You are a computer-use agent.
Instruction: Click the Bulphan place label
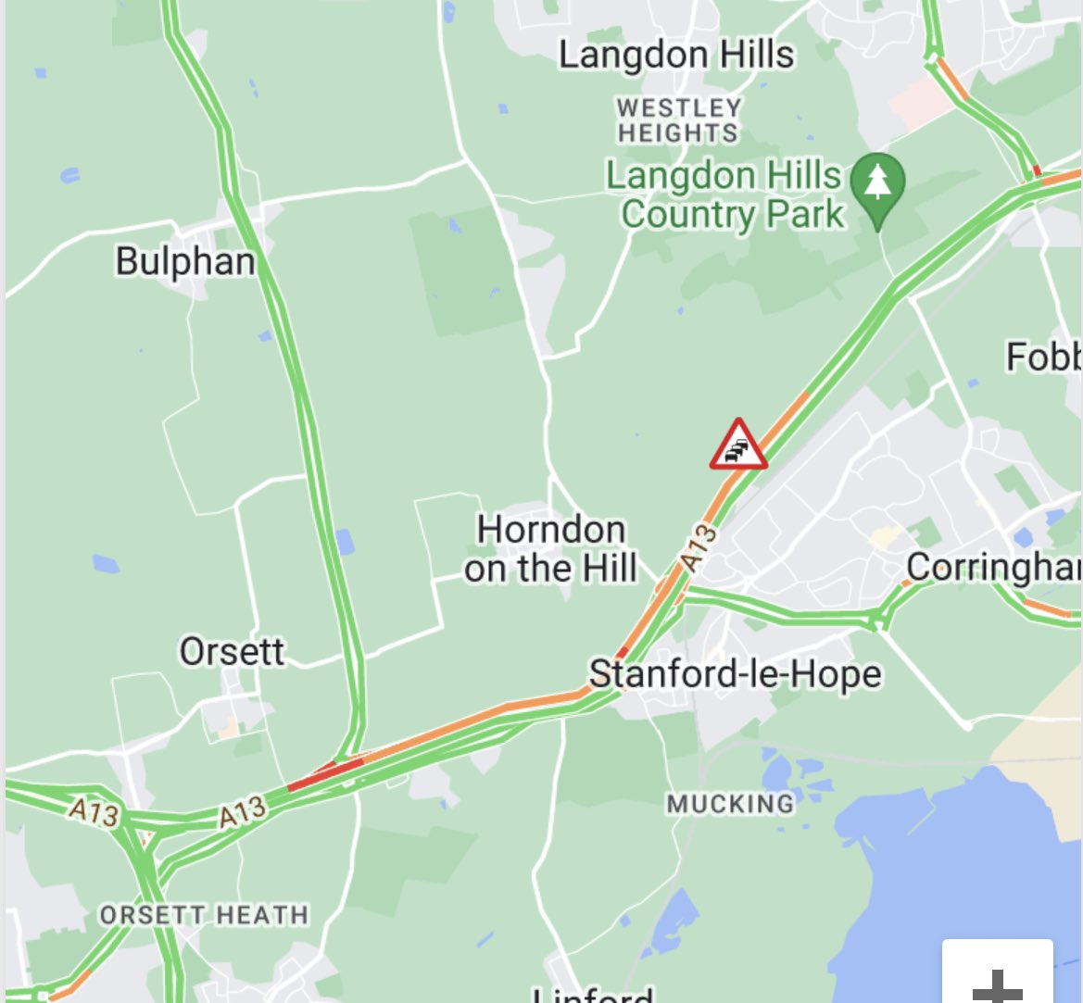[x=185, y=261]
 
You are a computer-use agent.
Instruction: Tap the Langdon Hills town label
[x=676, y=55]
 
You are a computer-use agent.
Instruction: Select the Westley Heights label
[x=679, y=120]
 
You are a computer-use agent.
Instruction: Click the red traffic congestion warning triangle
[x=738, y=446]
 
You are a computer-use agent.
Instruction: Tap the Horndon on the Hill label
[x=551, y=548]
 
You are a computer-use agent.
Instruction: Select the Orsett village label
[x=232, y=651]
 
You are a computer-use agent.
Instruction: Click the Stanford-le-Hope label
[x=736, y=673]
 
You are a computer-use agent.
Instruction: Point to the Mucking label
[x=730, y=803]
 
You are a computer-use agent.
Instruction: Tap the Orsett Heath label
[x=204, y=916]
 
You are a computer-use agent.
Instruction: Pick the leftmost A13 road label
[x=94, y=812]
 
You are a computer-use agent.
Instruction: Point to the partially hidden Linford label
[x=593, y=995]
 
